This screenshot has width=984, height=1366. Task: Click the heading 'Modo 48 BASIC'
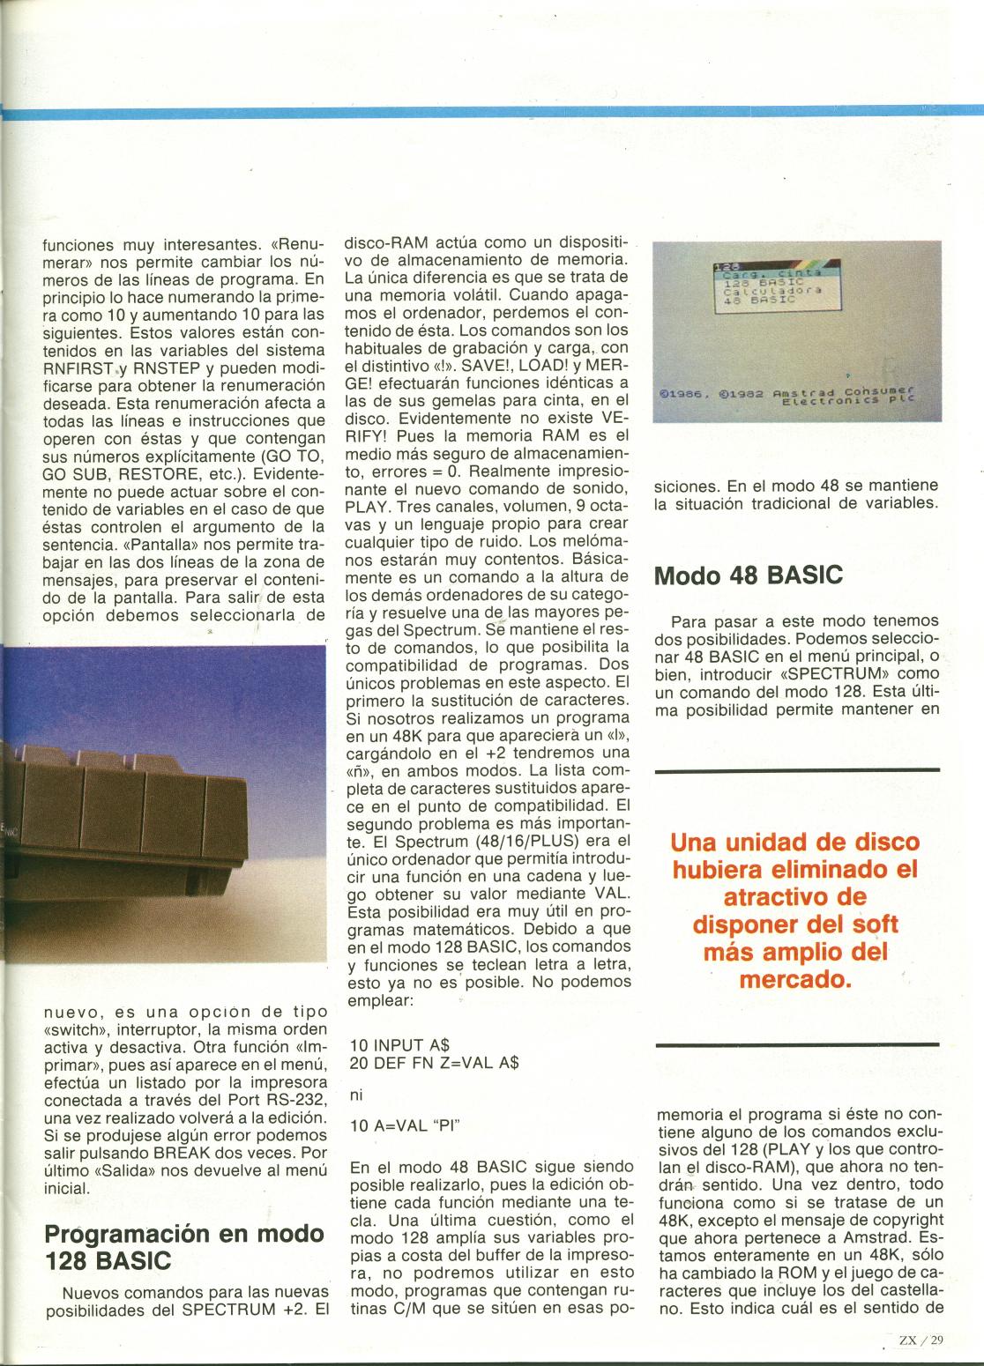pyautogui.click(x=748, y=575)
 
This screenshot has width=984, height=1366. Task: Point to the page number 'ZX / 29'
pyautogui.click(x=921, y=1340)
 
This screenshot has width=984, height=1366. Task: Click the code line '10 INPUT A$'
pyautogui.click(x=400, y=1044)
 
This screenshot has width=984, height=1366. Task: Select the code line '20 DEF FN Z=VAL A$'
pyautogui.click(x=434, y=1063)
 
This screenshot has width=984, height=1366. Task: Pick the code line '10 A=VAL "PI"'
pyautogui.click(x=406, y=1125)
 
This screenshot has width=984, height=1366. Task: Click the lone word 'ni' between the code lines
pyautogui.click(x=356, y=1095)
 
